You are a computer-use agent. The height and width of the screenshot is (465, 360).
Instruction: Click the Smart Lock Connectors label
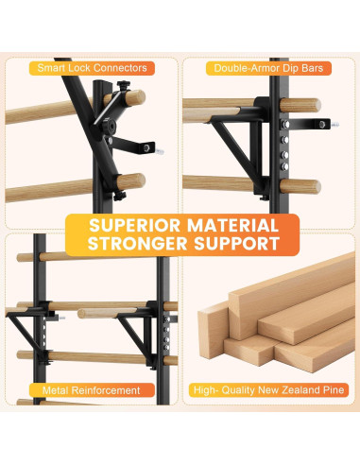[x=92, y=68]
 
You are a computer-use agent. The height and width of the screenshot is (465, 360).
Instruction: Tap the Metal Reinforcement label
[x=92, y=389]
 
